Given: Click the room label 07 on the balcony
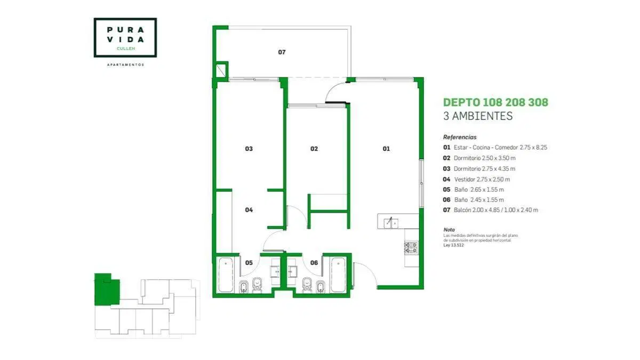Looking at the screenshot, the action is pyautogui.click(x=282, y=52).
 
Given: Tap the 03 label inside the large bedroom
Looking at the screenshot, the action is pyautogui.click(x=249, y=149).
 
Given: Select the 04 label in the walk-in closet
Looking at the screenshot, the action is pyautogui.click(x=249, y=210).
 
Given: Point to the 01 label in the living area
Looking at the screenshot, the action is pyautogui.click(x=386, y=149).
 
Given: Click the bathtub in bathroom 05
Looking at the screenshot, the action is pyautogui.click(x=226, y=275).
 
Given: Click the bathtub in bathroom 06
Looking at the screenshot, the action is pyautogui.click(x=338, y=275).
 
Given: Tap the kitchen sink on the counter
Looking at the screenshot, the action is pyautogui.click(x=391, y=223).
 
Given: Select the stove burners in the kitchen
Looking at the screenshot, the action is pyautogui.click(x=411, y=248).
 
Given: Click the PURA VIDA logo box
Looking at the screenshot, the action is pyautogui.click(x=125, y=37).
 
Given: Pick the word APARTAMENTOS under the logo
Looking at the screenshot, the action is pyautogui.click(x=125, y=65).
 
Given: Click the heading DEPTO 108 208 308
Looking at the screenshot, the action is pyautogui.click(x=495, y=102).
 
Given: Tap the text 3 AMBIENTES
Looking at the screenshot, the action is pyautogui.click(x=478, y=116).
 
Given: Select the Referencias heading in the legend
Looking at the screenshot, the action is pyautogui.click(x=460, y=137).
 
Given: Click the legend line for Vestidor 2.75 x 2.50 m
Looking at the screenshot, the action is pyautogui.click(x=476, y=179).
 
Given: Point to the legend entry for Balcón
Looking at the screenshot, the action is pyautogui.click(x=491, y=210).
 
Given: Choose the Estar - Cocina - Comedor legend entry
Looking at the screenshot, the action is pyautogui.click(x=495, y=147).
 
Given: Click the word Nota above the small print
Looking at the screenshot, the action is pyautogui.click(x=449, y=230).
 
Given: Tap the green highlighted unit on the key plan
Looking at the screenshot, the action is pyautogui.click(x=107, y=289).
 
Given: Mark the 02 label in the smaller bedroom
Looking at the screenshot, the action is pyautogui.click(x=314, y=149).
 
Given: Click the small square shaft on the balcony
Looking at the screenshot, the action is pyautogui.click(x=221, y=70).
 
